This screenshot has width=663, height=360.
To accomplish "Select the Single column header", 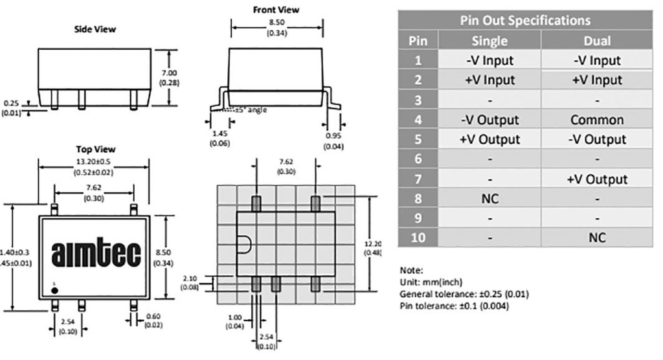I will (489, 41).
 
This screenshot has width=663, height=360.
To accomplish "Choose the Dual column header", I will (597, 41).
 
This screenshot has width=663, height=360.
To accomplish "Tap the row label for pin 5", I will (418, 139).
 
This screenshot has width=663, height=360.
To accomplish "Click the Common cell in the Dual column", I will (597, 120).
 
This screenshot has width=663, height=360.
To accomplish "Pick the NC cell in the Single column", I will (489, 199).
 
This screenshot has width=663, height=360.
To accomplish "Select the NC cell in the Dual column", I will (597, 238).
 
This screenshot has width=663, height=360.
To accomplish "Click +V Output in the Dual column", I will (597, 179).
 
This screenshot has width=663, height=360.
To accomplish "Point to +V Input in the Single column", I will (489, 80).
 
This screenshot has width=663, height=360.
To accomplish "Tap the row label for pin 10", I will (418, 238).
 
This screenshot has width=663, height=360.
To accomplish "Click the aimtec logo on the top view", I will (95, 254).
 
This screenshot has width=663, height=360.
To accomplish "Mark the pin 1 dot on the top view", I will (54, 289).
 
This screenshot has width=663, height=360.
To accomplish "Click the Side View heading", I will (95, 30).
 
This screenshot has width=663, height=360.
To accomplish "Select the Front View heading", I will (276, 10).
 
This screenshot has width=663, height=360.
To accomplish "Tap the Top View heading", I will (95, 149).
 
